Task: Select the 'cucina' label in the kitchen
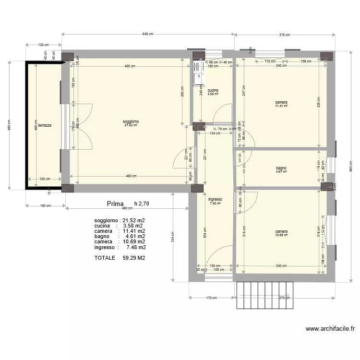tap(213, 91)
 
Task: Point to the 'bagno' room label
tap(281, 168)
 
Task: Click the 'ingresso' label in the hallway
tap(215, 200)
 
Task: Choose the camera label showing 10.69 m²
tap(281, 232)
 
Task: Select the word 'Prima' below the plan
tap(115, 204)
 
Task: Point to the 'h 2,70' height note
tap(142, 204)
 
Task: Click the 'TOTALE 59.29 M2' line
tap(120, 258)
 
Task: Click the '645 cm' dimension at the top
tap(148, 34)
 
